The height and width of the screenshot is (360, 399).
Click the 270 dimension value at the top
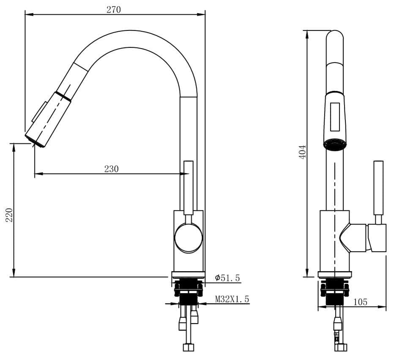[113, 10]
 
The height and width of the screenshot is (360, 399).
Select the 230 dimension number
[111, 169]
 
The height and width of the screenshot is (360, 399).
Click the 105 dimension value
[360, 302]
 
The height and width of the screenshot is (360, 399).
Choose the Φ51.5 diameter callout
[227, 278]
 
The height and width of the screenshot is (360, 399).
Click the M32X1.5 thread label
[232, 299]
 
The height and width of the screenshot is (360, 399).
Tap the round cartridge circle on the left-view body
[189, 238]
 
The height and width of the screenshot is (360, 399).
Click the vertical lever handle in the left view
[189, 186]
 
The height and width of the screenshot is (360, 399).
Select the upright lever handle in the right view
[379, 188]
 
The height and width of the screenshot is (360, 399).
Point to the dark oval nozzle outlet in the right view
[335, 145]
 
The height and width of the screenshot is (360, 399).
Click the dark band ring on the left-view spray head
[63, 95]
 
